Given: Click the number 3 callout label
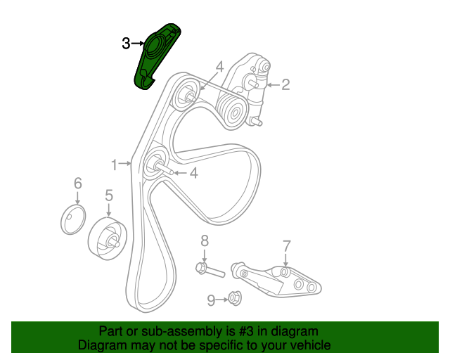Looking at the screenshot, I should point(125,44).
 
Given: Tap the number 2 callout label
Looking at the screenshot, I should point(285,85).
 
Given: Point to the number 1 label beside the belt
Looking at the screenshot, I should point(114,165).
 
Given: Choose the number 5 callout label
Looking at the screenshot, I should point(109,195).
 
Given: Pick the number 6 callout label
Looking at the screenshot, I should point(77,184).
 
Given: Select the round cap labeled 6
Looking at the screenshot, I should point(72,219).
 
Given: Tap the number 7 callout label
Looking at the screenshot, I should point(286,246).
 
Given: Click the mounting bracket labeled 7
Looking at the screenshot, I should point(281,280).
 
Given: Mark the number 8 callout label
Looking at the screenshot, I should point(205,240).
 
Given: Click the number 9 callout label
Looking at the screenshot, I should point(211,300).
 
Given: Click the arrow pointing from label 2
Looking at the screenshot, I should point(273,85).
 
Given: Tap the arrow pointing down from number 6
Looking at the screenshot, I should point(77,198).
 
